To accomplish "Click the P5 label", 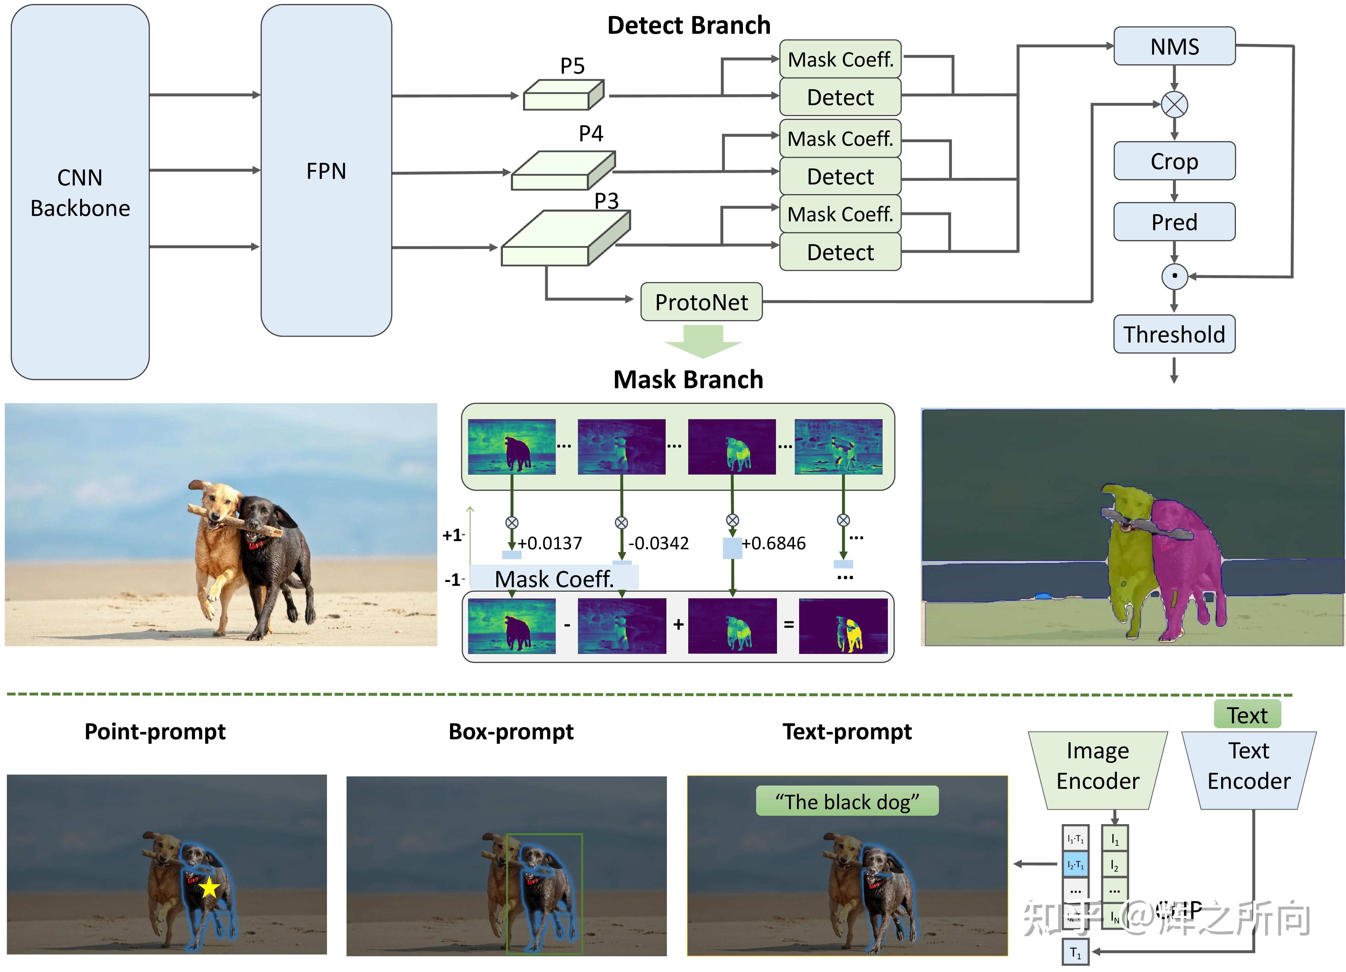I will pos(572,65).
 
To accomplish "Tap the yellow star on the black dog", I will pos(209,888).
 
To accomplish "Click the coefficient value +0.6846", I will pos(773,543).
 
